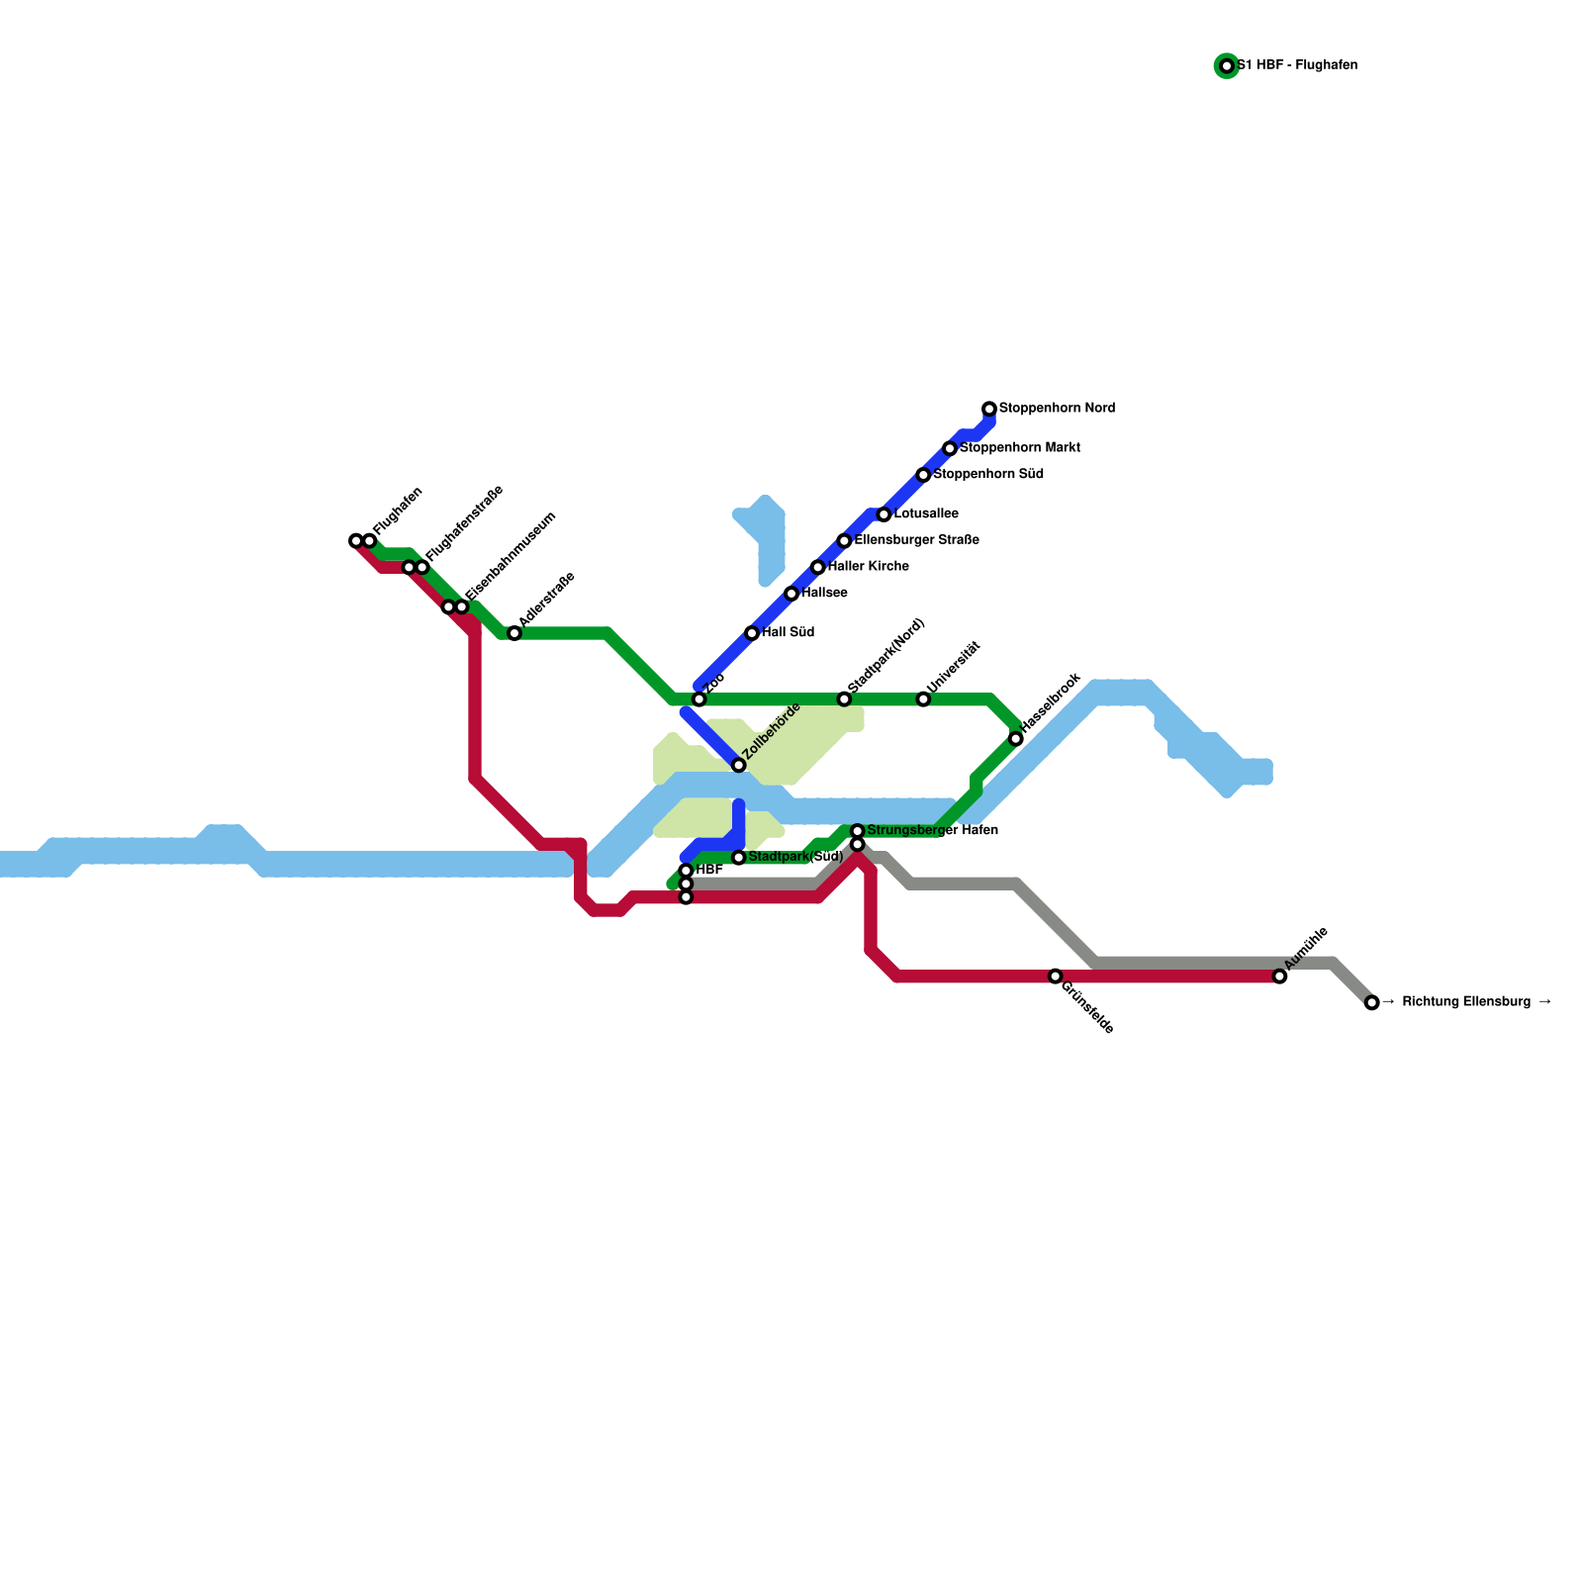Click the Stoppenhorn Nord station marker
point(989,409)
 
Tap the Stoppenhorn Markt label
point(1019,448)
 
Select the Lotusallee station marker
point(884,514)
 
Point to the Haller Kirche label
point(868,567)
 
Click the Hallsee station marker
point(791,594)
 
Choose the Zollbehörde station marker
point(739,766)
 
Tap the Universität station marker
point(923,699)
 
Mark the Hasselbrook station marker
point(1016,739)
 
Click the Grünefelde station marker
point(1056,977)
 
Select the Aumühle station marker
point(1280,977)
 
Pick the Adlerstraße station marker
point(514,633)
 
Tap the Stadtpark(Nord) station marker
point(844,699)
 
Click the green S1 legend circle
point(1227,66)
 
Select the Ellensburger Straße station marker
point(844,541)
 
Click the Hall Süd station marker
point(752,633)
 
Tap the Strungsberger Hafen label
point(932,830)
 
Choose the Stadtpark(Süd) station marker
point(739,857)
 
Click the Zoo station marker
point(699,699)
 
